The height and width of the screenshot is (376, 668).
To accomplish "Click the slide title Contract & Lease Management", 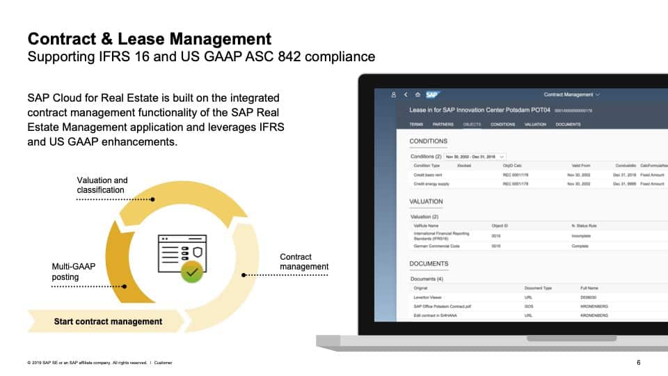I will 149,38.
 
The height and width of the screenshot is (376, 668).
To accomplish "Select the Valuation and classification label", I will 102,185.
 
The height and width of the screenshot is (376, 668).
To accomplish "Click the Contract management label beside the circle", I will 303,262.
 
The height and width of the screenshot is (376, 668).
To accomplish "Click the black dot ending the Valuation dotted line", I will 152,199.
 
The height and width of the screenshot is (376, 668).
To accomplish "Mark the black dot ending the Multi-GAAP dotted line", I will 125,286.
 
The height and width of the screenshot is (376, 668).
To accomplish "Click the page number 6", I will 639,362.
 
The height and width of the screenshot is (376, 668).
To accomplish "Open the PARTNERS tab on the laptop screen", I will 443,125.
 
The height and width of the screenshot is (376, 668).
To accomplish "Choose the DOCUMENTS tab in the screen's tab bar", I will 568,125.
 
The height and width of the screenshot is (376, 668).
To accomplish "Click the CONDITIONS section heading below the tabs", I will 428,141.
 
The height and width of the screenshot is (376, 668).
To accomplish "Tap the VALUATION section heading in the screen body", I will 426,202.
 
